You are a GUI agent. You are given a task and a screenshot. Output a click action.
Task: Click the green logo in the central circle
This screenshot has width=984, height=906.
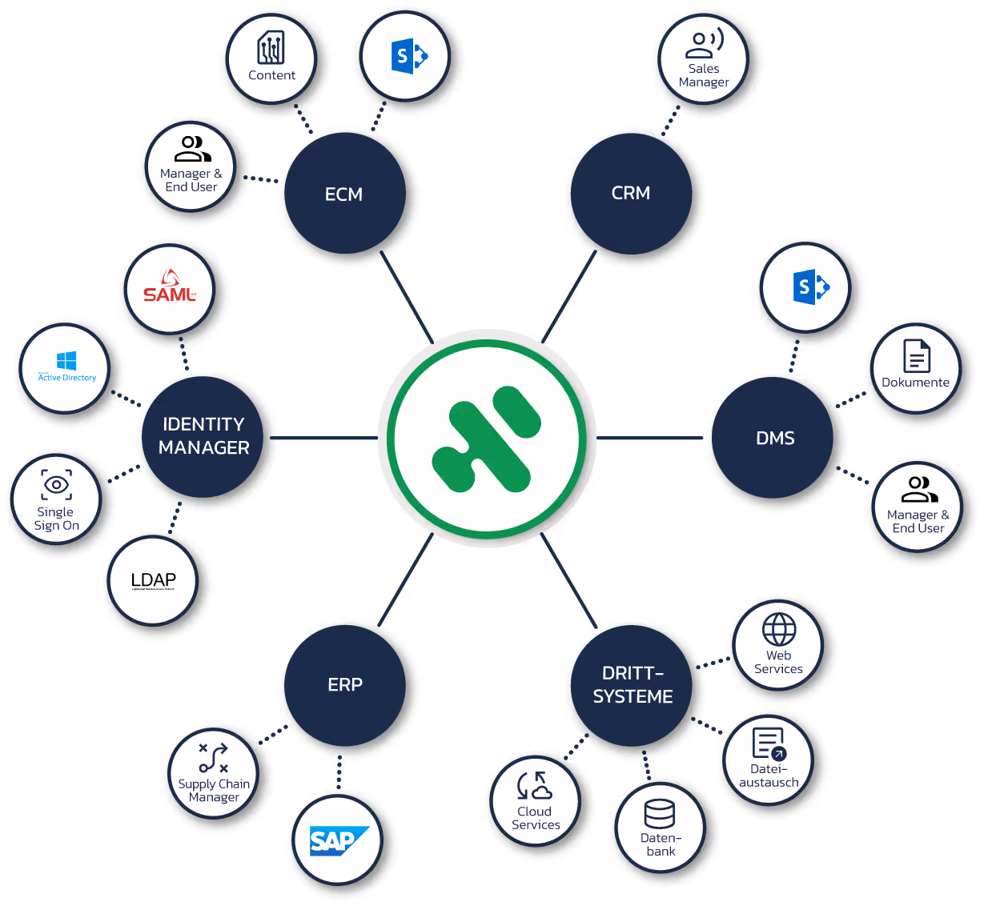tap(487, 439)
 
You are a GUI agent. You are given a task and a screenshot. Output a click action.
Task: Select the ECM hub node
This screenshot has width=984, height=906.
tap(344, 194)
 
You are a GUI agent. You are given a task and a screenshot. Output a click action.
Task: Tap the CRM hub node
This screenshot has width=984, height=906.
tap(631, 193)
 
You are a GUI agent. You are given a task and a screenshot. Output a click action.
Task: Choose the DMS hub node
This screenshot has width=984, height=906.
tap(775, 439)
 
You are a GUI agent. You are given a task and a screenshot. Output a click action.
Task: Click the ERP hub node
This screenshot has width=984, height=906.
tap(345, 685)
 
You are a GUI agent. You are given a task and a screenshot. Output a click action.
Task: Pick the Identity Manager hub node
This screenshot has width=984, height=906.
tap(204, 436)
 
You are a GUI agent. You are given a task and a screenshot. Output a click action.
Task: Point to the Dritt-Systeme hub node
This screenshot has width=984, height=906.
tap(633, 685)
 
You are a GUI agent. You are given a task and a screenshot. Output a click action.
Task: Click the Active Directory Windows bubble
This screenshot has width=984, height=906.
tap(66, 367)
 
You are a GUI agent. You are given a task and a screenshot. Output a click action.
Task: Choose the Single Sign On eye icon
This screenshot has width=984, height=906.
tap(56, 484)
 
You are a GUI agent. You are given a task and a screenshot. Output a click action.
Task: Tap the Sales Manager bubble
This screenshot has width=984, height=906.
tap(704, 59)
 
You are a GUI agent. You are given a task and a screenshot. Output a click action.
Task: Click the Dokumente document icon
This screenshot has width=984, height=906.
tap(916, 356)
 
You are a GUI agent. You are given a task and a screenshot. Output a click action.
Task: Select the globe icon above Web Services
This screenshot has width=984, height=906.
tap(778, 630)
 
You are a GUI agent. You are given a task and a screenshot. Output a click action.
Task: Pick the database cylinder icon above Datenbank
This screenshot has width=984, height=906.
tap(660, 815)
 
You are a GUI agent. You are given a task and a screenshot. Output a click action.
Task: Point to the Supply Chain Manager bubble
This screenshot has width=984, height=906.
tap(214, 773)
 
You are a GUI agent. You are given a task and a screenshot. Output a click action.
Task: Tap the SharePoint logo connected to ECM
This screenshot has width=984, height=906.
tap(406, 57)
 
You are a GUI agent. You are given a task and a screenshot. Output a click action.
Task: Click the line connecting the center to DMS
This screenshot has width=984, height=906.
tap(650, 439)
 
